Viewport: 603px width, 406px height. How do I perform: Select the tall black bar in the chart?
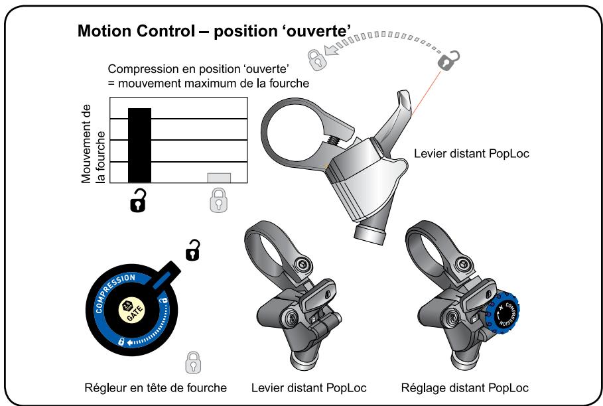point(139,145)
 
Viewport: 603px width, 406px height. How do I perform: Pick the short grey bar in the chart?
point(219,178)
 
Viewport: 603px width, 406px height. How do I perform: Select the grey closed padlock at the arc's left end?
point(318,60)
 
